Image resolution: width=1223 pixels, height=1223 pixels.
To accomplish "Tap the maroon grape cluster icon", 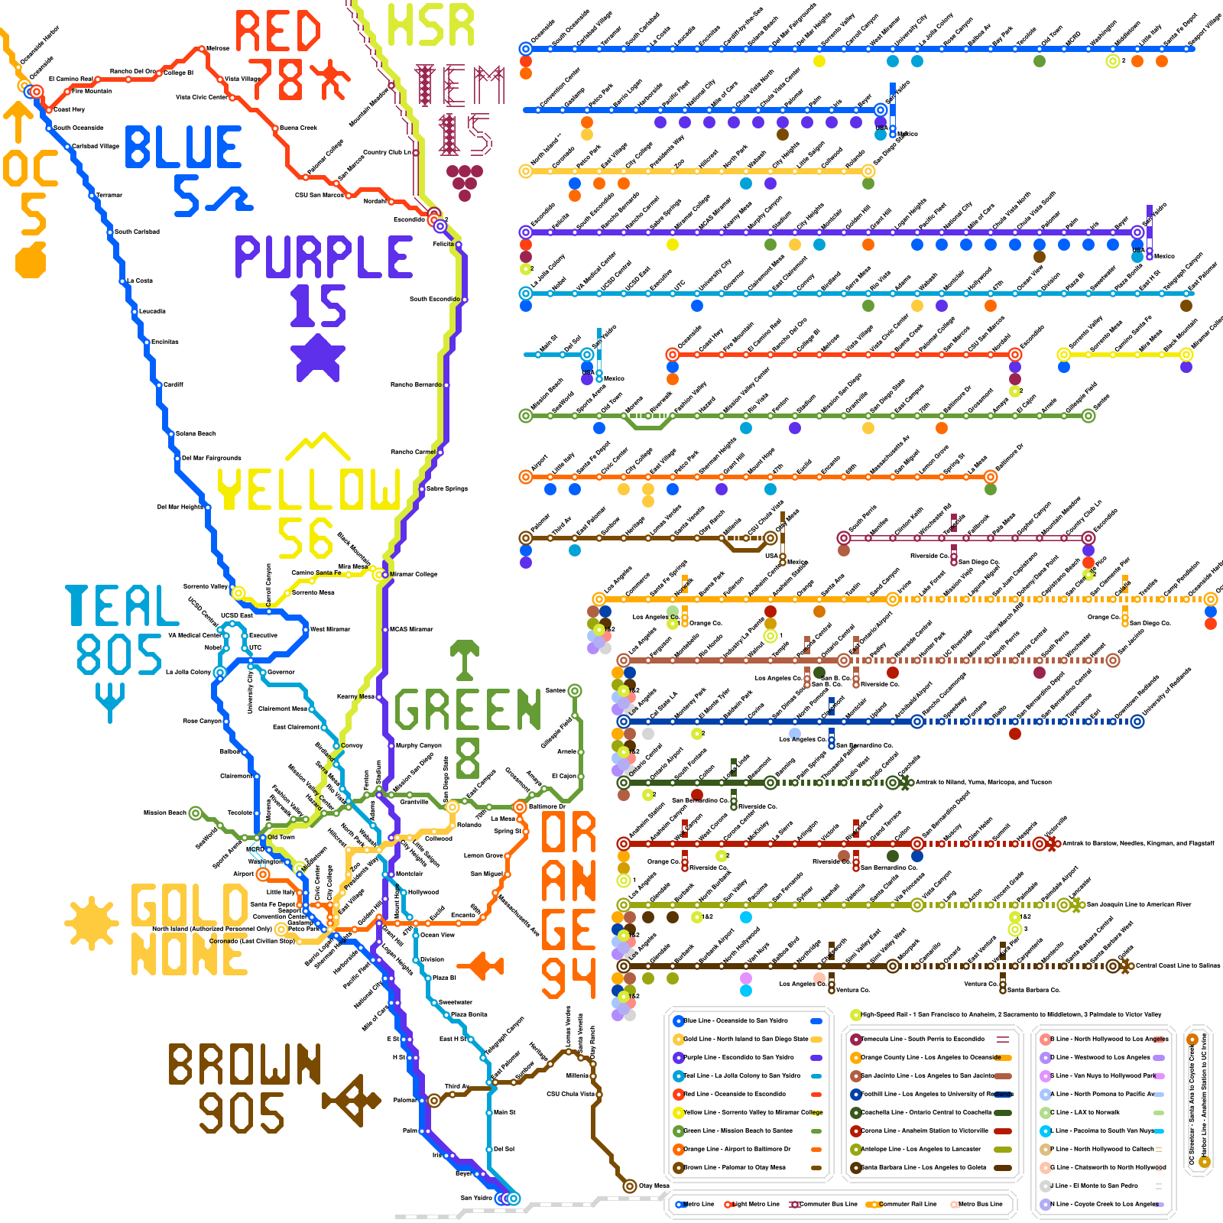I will (x=464, y=181).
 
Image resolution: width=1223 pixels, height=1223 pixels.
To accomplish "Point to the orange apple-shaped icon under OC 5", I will (x=31, y=260).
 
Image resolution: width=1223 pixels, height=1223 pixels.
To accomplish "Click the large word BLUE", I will (x=183, y=148).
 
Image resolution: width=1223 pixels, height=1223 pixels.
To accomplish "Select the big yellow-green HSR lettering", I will (x=430, y=25).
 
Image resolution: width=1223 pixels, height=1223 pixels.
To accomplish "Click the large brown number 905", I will (x=242, y=1113).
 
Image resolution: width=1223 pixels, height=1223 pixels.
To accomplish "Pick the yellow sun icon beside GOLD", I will (x=92, y=923).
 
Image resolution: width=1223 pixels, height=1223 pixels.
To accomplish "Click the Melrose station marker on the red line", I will (x=202, y=49).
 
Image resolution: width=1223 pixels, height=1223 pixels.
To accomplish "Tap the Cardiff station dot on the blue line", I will (x=159, y=384).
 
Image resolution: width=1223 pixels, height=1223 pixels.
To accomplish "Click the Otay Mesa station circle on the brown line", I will (x=629, y=1186).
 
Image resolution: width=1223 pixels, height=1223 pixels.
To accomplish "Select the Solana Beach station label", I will (x=196, y=433).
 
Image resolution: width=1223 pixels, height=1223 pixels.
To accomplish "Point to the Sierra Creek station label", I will (x=298, y=128).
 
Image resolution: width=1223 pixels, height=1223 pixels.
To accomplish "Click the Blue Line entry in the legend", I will (x=734, y=1021).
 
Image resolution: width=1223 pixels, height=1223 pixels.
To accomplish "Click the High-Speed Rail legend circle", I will (x=855, y=1015).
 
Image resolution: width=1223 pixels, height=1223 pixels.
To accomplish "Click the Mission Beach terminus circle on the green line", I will (x=196, y=813).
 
